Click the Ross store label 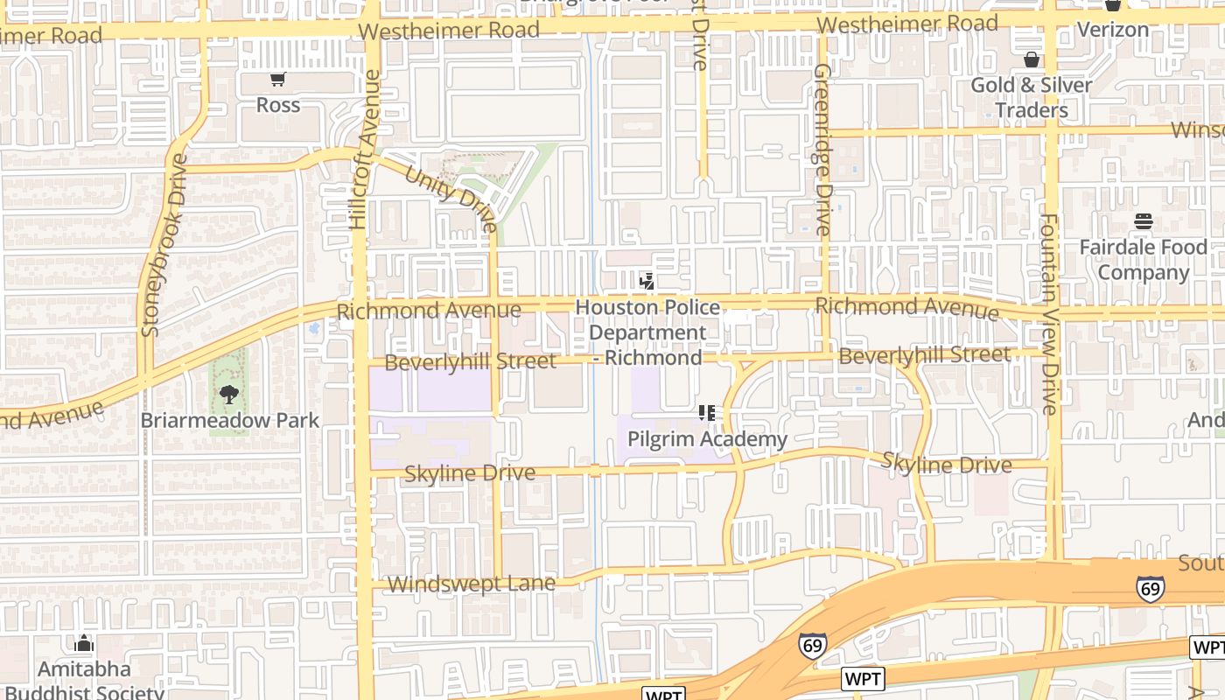[278, 105]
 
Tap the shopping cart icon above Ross [278, 80]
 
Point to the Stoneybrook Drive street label [164, 245]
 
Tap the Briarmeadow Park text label [230, 420]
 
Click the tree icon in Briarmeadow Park [229, 395]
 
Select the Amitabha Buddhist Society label [84, 681]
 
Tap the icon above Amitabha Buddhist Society [84, 644]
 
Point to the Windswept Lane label [471, 584]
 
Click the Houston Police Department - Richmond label [647, 332]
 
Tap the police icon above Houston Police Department [647, 282]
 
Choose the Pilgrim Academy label [707, 439]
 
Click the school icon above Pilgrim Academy [707, 413]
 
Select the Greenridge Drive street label [821, 149]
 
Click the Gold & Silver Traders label [1032, 97]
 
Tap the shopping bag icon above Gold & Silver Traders [1032, 60]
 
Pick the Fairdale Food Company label [1143, 260]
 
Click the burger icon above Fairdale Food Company [1143, 222]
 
